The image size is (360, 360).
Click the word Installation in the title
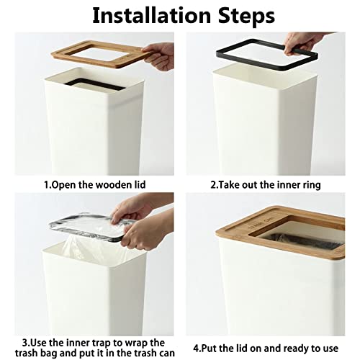(x=148, y=15)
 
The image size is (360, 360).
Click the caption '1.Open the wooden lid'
(x=94, y=185)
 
